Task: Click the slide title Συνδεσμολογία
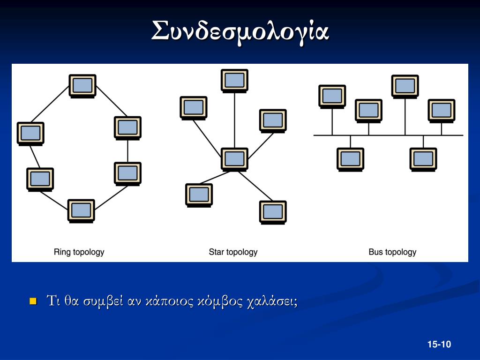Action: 240,31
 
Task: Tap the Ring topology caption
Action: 79,252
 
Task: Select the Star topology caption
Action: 233,252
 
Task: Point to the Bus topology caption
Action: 392,252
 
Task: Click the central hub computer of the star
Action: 234,159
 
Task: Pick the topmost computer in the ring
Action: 82,85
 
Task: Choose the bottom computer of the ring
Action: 81,210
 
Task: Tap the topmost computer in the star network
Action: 234,80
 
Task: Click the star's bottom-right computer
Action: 273,212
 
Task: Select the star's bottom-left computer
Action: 199,195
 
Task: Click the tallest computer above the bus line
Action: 405,86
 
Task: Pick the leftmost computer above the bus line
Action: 332,96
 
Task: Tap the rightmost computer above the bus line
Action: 442,110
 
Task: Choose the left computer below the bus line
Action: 350,159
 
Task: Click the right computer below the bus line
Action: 423,159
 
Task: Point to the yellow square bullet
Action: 33,300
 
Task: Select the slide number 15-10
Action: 439,345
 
